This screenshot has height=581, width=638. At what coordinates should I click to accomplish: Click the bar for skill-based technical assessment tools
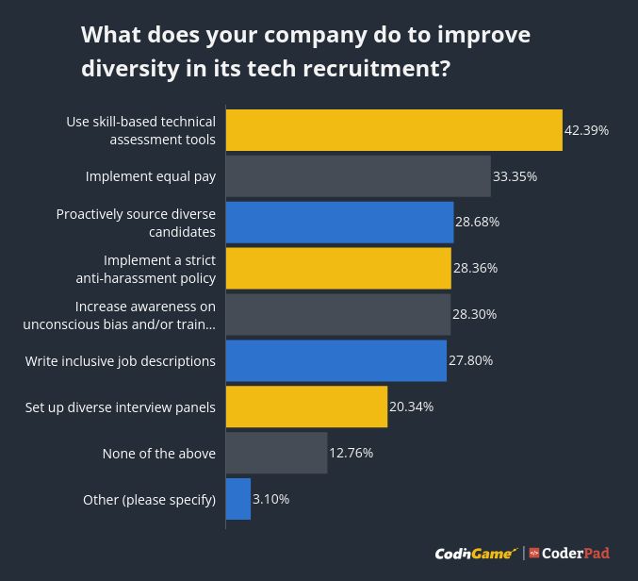point(394,130)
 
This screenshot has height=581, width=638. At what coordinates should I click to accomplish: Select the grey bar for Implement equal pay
point(358,176)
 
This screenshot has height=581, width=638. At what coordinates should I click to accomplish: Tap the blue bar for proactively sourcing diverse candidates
point(339,223)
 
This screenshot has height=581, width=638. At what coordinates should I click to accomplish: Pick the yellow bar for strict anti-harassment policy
point(338,269)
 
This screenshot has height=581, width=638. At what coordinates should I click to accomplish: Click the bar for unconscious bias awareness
point(337,315)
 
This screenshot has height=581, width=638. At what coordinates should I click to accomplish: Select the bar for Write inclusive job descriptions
point(335,361)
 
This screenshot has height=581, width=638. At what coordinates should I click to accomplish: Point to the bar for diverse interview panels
point(306,407)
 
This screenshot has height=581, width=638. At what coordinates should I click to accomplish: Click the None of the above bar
point(276,454)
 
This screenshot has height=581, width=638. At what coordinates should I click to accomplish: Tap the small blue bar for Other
point(238,500)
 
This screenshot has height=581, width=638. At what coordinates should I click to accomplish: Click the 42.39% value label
point(586,130)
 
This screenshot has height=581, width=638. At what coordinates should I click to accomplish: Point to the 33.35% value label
point(515,176)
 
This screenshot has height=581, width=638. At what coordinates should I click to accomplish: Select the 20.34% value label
point(411,407)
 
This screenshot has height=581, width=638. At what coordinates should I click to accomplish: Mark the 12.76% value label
point(351,454)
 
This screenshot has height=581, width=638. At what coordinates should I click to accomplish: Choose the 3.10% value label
point(270,500)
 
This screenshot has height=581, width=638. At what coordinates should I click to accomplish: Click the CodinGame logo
point(476,554)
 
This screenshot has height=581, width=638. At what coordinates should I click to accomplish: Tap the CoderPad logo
point(569,554)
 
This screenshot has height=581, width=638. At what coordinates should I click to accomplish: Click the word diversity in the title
point(129,69)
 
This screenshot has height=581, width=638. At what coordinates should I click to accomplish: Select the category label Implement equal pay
point(151,176)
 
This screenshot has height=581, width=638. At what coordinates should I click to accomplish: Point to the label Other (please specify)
point(150,500)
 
